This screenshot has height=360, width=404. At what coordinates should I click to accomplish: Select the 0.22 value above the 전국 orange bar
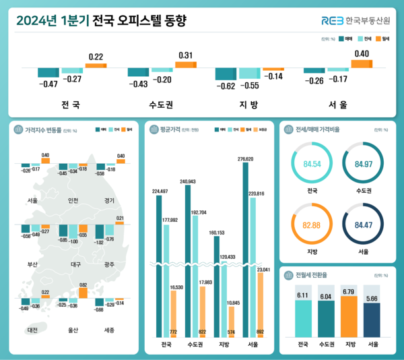click(96, 56)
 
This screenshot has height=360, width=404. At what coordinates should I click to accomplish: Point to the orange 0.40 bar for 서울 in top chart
click(362, 64)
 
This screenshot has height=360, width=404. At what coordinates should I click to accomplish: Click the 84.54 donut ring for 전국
click(311, 164)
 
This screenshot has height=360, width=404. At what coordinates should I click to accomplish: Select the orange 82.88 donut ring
click(311, 225)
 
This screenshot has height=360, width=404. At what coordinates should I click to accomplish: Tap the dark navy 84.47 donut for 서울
click(362, 225)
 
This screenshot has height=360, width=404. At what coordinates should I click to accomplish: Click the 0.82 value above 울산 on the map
click(83, 285)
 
